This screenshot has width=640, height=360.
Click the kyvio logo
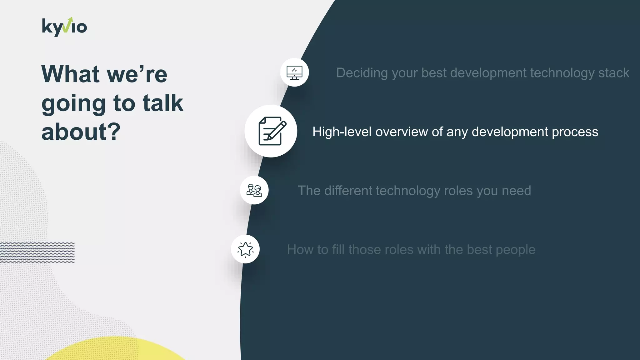(x=64, y=27)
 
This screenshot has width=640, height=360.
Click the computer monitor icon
(x=294, y=72)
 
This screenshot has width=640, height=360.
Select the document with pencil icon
(x=271, y=131)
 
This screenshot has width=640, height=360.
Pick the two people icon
(x=254, y=190)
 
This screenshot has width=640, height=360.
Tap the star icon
(x=245, y=249)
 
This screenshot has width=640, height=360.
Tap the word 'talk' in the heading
(x=163, y=103)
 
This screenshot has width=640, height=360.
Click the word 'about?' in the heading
(x=81, y=132)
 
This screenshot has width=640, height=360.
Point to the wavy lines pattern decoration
(x=37, y=252)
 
